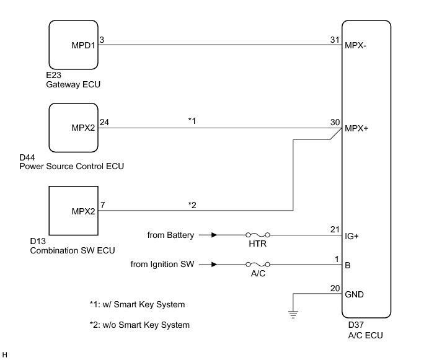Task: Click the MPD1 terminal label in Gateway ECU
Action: (83, 45)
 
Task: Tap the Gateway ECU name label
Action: (73, 84)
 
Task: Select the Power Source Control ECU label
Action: (71, 166)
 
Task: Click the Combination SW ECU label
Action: (73, 250)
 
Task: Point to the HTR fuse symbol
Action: (258, 235)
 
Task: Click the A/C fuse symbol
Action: (258, 264)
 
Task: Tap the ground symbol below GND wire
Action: (293, 314)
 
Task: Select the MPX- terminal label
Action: (355, 45)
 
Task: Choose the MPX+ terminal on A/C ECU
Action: (356, 128)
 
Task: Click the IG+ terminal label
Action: (351, 236)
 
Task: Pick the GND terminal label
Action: (354, 295)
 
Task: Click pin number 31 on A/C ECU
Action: (335, 40)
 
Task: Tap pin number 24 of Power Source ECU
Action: (104, 122)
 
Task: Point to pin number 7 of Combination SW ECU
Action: (103, 205)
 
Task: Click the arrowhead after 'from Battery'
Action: (214, 235)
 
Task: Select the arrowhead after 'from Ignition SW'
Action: (214, 264)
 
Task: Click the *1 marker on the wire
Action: (192, 121)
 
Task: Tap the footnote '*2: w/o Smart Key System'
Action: (139, 325)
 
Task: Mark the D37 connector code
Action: (356, 325)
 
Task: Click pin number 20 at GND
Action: (335, 289)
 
